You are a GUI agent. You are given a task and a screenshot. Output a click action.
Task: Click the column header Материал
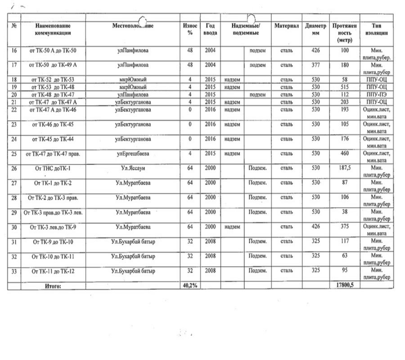[287, 26]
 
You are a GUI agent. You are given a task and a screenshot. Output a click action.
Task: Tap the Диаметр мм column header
[315, 30]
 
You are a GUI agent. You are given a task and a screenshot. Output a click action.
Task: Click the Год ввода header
[210, 30]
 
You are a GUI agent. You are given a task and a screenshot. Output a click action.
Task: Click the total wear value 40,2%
[190, 285]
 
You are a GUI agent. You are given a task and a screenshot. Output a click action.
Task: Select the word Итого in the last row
[53, 286]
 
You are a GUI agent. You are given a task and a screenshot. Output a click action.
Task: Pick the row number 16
[14, 51]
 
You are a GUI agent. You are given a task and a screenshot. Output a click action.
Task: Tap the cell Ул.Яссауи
[133, 168]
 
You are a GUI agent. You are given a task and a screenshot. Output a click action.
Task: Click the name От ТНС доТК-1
[53, 168]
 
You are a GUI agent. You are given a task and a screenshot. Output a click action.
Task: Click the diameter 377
[315, 65]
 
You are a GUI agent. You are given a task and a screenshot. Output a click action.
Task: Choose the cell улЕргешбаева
[133, 154]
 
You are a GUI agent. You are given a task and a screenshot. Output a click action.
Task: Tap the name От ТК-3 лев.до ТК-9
[53, 227]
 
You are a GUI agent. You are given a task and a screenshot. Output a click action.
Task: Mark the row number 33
[14, 271]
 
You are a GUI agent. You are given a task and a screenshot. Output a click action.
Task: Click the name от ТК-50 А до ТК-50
[53, 51]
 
